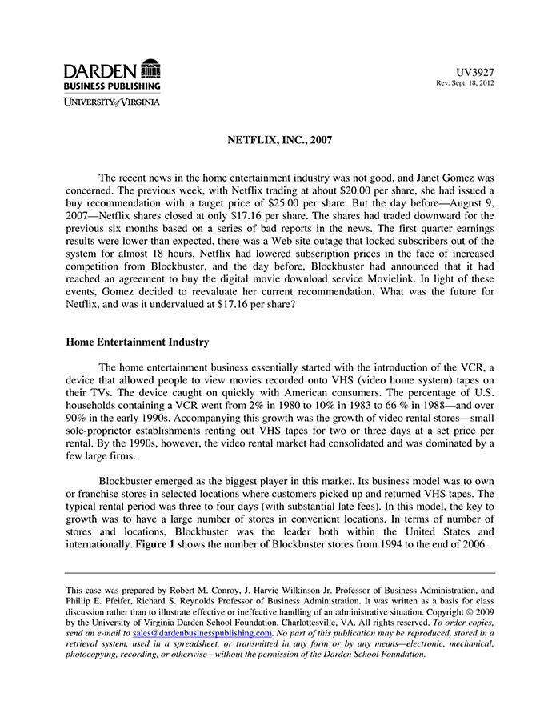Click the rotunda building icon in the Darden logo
(x=150, y=69)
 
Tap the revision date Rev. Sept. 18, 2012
(x=465, y=83)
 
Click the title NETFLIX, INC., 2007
(x=279, y=139)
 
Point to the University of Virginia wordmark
(x=112, y=102)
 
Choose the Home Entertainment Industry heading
(x=137, y=342)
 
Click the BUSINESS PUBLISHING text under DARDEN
(x=112, y=86)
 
